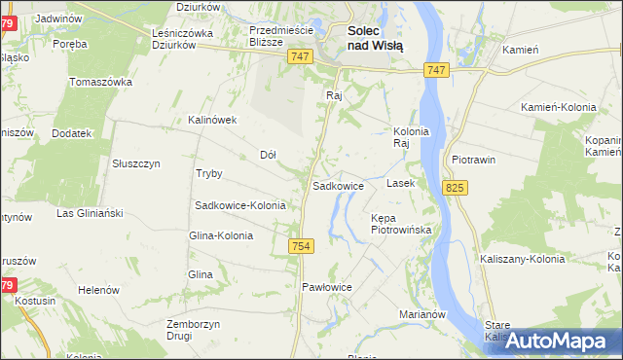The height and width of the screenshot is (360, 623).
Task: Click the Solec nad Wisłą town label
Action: click(376, 38)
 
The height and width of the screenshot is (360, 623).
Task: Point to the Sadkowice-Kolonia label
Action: click(240, 206)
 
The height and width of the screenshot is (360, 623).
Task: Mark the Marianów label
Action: click(422, 314)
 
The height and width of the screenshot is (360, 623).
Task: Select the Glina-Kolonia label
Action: click(221, 235)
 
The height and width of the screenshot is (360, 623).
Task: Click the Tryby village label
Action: click(209, 174)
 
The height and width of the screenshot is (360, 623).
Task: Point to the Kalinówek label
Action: click(213, 121)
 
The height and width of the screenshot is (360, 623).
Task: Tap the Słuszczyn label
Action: click(136, 163)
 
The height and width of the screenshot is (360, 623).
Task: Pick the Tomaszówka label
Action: click(101, 82)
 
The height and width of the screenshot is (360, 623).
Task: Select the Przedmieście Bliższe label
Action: click(279, 36)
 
